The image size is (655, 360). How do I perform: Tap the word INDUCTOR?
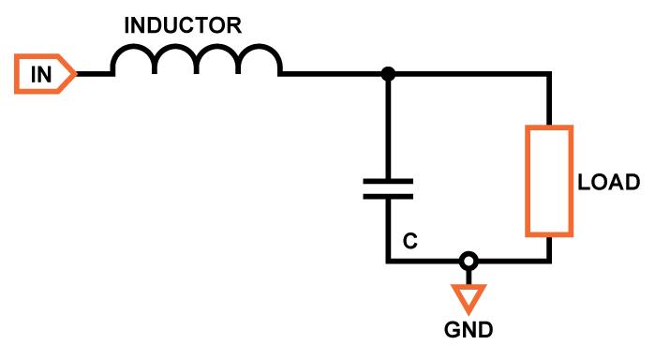pos(184,26)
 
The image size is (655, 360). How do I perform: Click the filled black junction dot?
pos(388,74)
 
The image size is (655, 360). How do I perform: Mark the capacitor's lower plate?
pos(388,196)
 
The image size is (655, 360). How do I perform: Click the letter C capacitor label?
pos(409,241)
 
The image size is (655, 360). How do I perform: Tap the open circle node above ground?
pos(467,261)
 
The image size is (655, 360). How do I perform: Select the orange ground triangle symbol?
pos(467,298)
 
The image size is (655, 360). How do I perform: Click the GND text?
pos(468,330)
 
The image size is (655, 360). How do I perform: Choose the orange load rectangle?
pos(548,181)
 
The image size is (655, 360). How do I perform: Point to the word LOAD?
pos(608,182)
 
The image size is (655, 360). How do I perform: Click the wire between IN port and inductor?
pos(94,74)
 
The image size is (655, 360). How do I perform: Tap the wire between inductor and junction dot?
pos(333,74)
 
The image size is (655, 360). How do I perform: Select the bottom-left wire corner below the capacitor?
pos(388,261)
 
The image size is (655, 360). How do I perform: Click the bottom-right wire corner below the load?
pos(548,261)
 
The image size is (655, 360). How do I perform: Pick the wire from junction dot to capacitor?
pos(388,127)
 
